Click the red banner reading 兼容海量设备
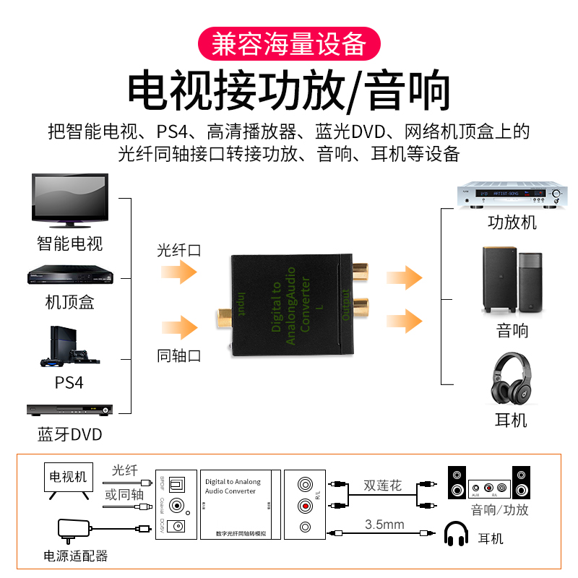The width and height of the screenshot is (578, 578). (x=289, y=44)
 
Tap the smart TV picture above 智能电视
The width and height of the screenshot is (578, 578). (x=70, y=198)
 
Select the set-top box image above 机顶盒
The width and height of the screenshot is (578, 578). (x=70, y=276)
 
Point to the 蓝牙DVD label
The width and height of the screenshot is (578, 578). (x=70, y=434)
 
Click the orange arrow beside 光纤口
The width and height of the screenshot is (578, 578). (x=178, y=272)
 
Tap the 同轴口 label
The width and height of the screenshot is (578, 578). (x=178, y=355)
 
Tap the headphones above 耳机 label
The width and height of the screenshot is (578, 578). (x=512, y=379)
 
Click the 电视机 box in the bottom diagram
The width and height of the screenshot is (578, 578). (x=68, y=477)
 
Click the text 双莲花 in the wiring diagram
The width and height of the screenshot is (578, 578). (x=382, y=486)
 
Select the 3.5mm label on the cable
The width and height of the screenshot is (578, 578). (x=384, y=524)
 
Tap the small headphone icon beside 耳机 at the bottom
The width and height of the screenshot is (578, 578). (x=457, y=535)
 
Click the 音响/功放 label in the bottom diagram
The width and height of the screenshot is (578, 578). (x=499, y=509)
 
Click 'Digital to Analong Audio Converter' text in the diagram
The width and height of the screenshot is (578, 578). (x=233, y=486)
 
